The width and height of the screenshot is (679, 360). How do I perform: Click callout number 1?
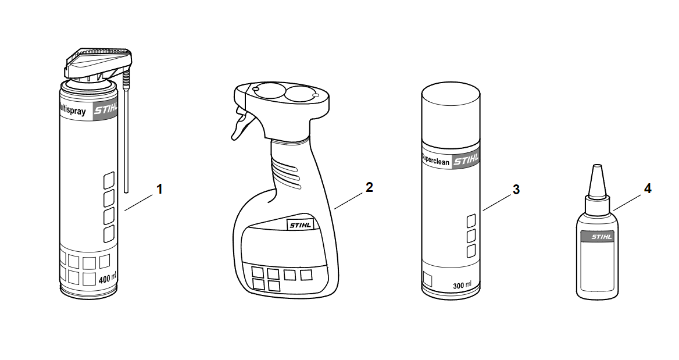pos(159,190)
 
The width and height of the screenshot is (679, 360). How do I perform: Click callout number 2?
pos(369,187)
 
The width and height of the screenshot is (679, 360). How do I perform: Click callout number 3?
pos(516,190)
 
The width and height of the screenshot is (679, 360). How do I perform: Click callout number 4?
pos(648,189)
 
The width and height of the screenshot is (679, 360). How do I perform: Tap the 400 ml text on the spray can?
pos(107,279)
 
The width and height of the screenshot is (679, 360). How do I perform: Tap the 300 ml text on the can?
pos(462,286)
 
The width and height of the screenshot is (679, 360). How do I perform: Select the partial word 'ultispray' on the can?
pos(73,111)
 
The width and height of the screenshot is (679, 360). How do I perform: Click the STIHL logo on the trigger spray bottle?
pos(299,225)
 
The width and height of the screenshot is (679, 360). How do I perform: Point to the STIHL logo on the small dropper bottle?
pos(602,237)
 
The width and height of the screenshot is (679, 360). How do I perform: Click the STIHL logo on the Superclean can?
pos(466,161)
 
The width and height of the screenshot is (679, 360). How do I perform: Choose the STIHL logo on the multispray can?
pos(106,109)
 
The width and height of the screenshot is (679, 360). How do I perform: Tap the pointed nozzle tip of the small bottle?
pos(597,166)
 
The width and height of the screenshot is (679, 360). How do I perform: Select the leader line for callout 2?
pos(349,201)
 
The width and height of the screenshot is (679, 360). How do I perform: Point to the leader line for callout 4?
pos(627,202)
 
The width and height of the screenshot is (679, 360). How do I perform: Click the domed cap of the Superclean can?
pos(451,114)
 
